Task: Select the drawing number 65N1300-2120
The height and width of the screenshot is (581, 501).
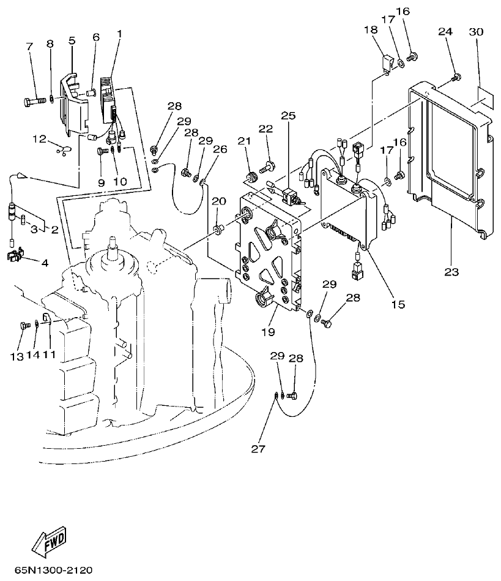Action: point(55,571)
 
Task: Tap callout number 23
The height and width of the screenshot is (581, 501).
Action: point(451,272)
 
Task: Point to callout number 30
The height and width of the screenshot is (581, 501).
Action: point(478,32)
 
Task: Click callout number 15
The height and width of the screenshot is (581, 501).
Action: point(398,303)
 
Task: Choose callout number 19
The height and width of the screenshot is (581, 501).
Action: point(269,332)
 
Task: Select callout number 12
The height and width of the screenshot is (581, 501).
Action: point(39,139)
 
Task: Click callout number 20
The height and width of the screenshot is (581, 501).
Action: point(218,201)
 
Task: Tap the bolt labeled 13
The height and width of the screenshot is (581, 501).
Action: point(25,326)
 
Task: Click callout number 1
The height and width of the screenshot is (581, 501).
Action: point(119,32)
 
